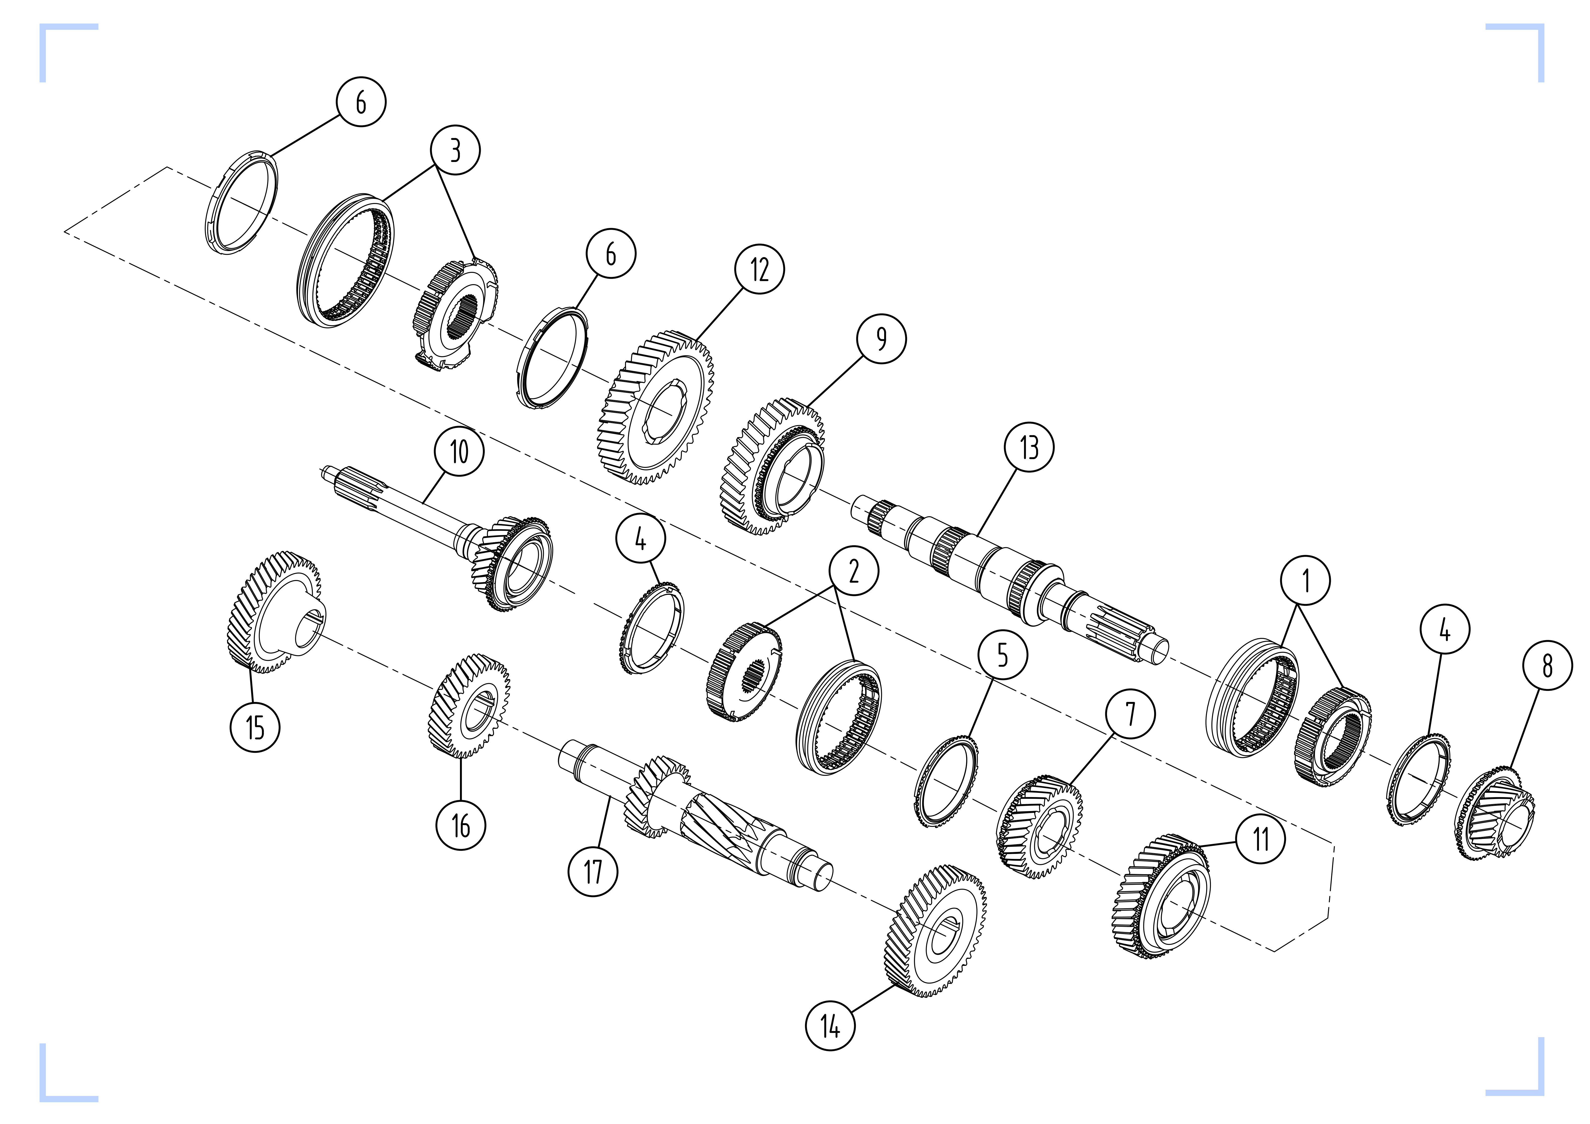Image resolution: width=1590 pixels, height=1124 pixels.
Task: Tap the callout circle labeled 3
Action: pyautogui.click(x=455, y=150)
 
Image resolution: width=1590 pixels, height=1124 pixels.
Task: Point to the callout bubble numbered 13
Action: pyautogui.click(x=1028, y=447)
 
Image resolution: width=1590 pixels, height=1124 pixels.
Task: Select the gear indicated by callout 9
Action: pyautogui.click(x=772, y=467)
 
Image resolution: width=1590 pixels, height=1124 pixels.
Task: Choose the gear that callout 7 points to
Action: pyautogui.click(x=1039, y=828)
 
